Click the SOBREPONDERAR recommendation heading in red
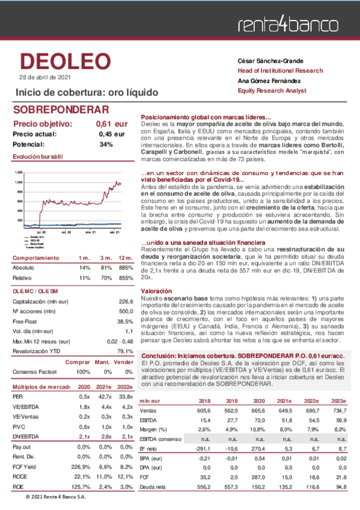(60, 110)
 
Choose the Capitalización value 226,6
(125, 301)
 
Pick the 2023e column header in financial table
(339, 401)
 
